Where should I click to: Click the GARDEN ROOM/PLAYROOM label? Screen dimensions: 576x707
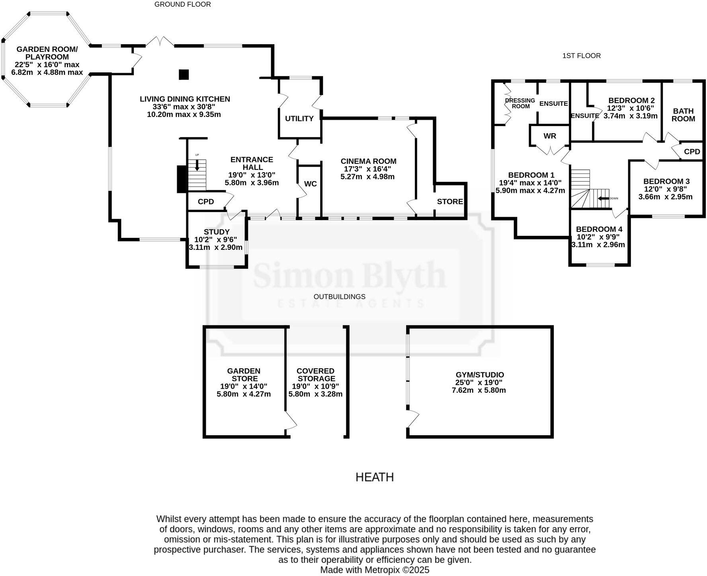tap(47, 53)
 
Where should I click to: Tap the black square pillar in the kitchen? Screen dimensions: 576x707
tap(184, 74)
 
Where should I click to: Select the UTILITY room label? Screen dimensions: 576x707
tap(299, 119)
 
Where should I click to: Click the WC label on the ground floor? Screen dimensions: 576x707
tap(310, 184)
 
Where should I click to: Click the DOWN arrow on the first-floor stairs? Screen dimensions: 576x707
tap(603, 198)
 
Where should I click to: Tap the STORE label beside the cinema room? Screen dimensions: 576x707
tap(450, 202)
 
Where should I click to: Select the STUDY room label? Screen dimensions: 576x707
tap(217, 232)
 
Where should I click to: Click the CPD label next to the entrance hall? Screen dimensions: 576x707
tap(206, 202)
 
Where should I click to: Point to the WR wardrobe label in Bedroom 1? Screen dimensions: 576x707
tap(550, 136)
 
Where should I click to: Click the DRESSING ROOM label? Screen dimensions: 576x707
tap(520, 103)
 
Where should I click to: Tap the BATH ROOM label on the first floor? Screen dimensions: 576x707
tap(683, 115)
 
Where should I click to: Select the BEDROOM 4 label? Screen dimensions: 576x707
tap(599, 230)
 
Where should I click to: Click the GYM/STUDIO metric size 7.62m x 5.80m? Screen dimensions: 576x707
tap(479, 390)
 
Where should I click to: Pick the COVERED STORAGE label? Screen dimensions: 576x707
tap(316, 375)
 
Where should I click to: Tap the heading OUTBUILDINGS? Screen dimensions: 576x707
tap(339, 297)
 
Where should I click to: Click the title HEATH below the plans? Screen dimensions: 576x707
tap(374, 477)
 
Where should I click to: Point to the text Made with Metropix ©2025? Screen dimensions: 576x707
tap(375, 570)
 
